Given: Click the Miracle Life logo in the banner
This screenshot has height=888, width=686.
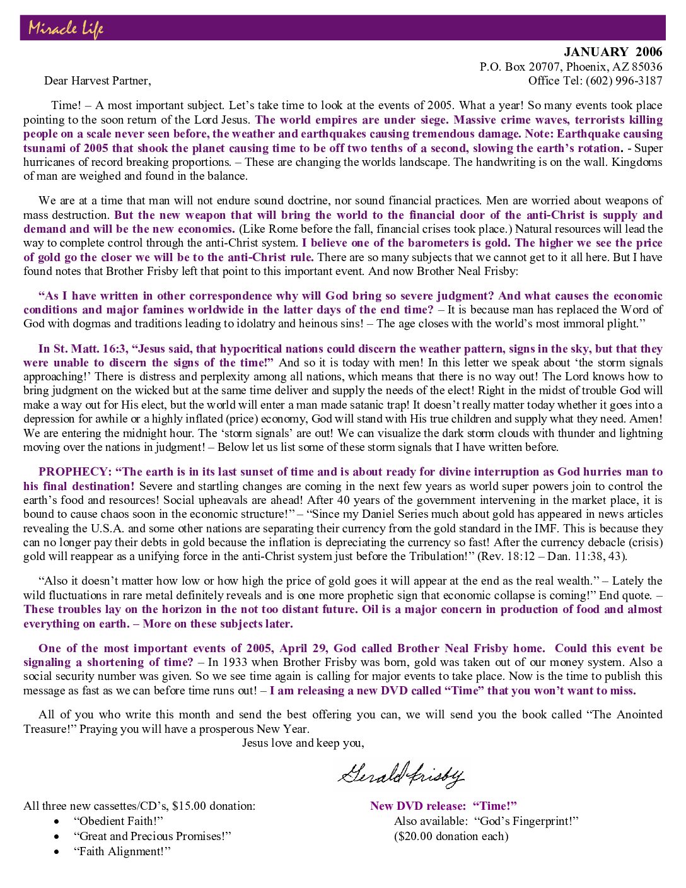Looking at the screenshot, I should pyautogui.click(x=66, y=28).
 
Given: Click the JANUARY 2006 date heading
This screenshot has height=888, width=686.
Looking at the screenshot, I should pyautogui.click(x=613, y=52).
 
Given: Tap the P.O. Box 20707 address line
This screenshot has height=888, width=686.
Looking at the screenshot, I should pyautogui.click(x=571, y=67).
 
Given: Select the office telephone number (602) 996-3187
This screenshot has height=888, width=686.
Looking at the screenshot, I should pyautogui.click(x=624, y=81).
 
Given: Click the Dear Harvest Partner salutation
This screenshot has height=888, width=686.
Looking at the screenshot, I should pyautogui.click(x=98, y=81).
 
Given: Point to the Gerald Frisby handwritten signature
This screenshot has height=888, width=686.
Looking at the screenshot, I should pyautogui.click(x=401, y=774).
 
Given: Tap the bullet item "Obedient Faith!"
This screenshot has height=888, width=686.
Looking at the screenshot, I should pyautogui.click(x=119, y=821).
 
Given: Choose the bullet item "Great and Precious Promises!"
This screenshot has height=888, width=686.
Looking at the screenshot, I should pyautogui.click(x=153, y=836).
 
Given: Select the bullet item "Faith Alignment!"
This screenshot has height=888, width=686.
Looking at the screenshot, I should pyautogui.click(x=122, y=851).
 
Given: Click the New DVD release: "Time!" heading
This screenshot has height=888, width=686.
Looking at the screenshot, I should pyautogui.click(x=443, y=806).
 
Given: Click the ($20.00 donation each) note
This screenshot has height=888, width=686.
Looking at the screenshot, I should pyautogui.click(x=451, y=836).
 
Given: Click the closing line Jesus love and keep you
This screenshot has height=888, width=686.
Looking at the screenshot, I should pyautogui.click(x=303, y=743).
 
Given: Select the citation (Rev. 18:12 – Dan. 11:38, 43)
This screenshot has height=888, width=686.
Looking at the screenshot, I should pyautogui.click(x=552, y=556).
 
